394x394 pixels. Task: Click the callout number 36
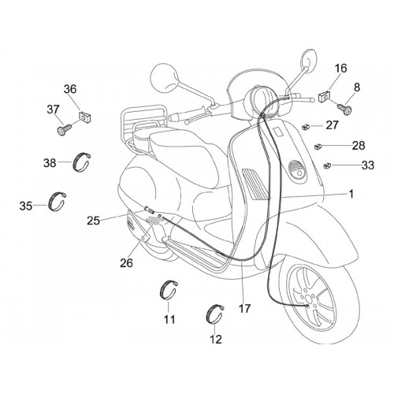[70, 89]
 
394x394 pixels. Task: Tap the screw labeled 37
[64, 130]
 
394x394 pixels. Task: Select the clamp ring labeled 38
[82, 162]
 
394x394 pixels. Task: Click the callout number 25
[94, 221]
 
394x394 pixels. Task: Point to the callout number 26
[126, 262]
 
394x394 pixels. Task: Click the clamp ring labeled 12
[214, 314]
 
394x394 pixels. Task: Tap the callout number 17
[244, 308]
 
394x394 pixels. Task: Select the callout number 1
[351, 194]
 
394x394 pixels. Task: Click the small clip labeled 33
[327, 165]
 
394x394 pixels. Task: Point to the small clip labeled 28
[318, 146]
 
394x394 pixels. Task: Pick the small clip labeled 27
[306, 127]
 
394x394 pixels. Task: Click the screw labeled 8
[344, 109]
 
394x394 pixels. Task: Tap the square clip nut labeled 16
[324, 96]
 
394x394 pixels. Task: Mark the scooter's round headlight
[257, 100]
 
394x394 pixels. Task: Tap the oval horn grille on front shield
[297, 171]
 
